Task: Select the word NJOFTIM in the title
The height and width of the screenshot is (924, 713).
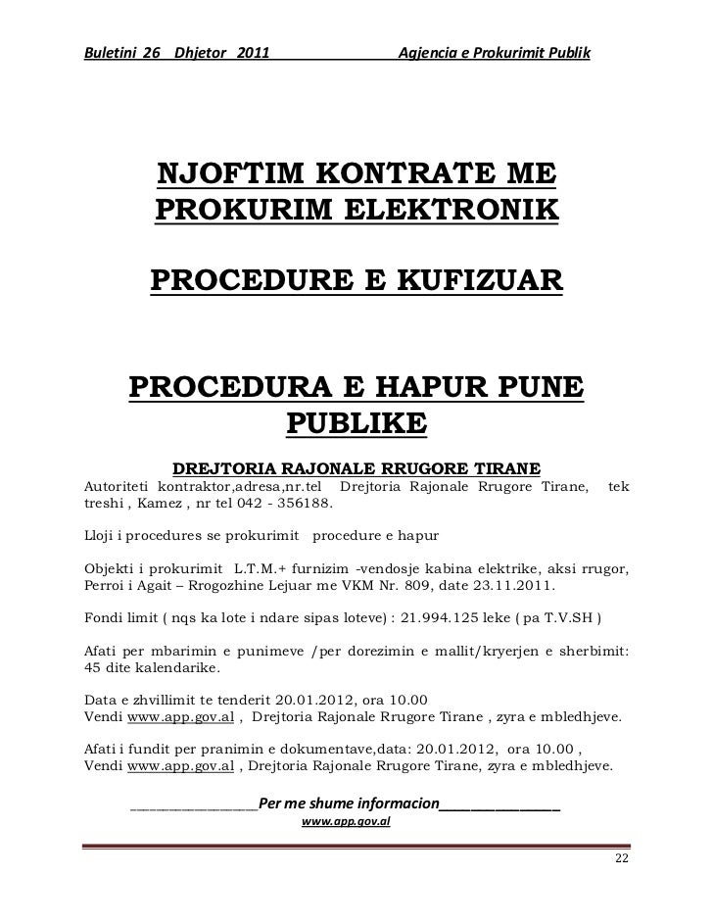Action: click(224, 176)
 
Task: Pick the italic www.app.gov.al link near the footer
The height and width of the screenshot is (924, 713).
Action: click(346, 823)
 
